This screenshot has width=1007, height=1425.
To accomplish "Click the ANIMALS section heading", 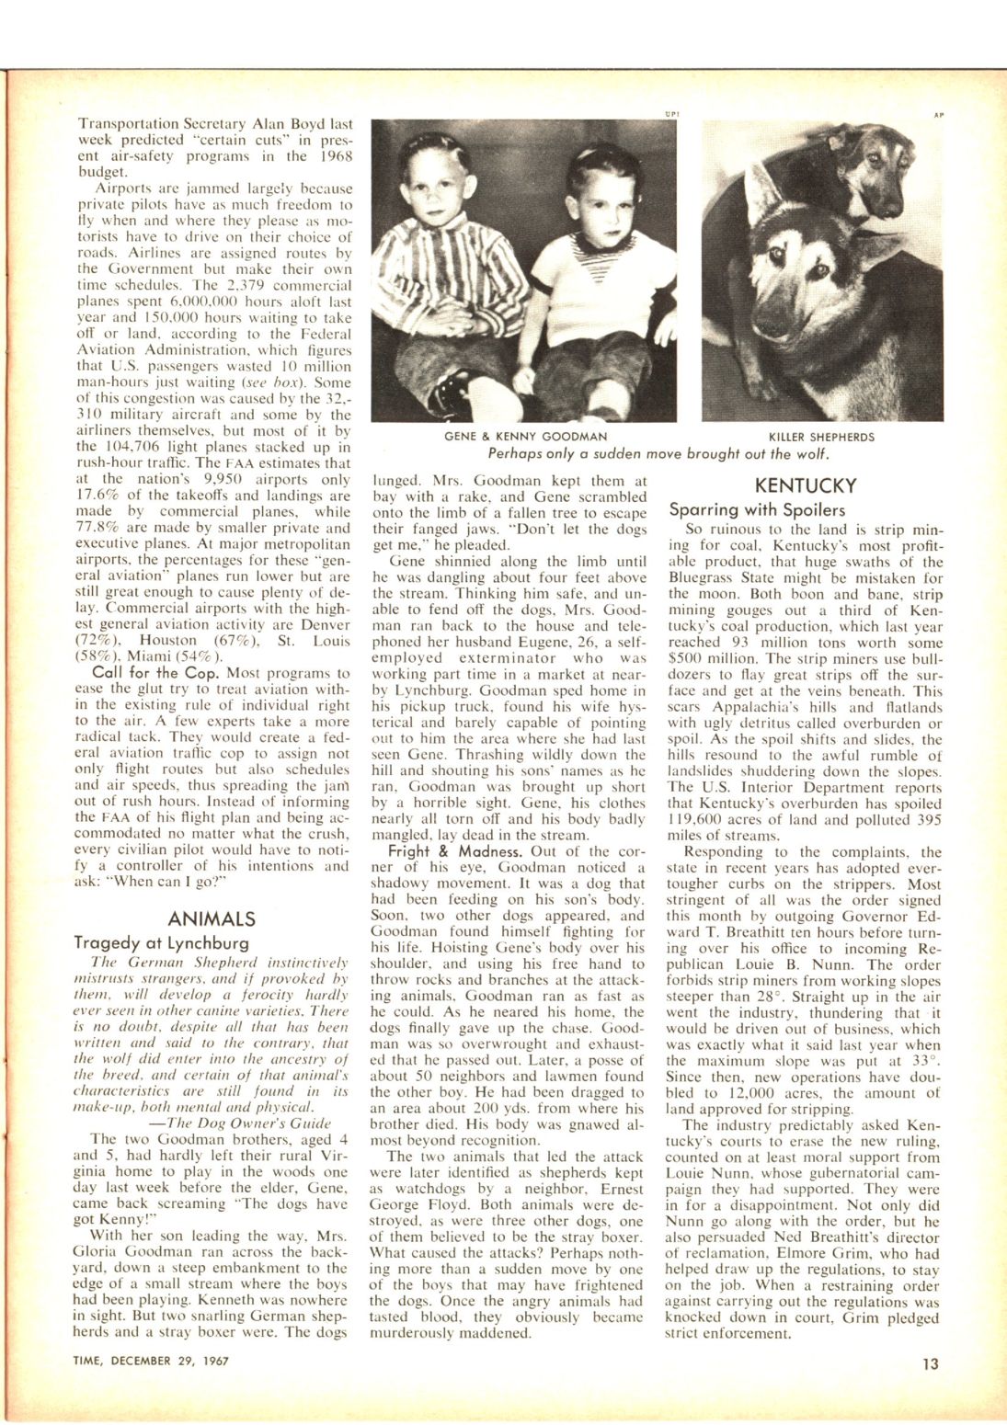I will (212, 918).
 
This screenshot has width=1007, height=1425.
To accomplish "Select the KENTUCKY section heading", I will (805, 485).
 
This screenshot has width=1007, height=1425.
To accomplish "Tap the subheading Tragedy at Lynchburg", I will (161, 943).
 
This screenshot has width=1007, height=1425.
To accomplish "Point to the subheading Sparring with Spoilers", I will (757, 509).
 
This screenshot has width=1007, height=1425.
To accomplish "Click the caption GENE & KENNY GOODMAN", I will (524, 438).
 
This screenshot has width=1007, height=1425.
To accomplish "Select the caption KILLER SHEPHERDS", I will (821, 438).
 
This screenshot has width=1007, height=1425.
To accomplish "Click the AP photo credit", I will (938, 116).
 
